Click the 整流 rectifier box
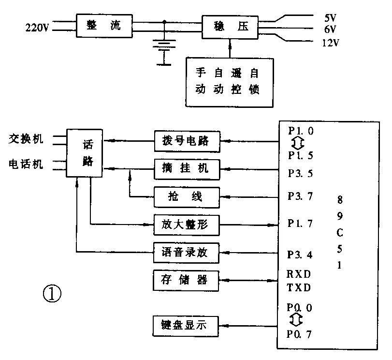coord(104,26)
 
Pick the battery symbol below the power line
coord(165,46)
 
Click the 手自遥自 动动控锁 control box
coord(230,81)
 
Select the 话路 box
coord(85,154)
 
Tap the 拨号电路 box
coord(187,142)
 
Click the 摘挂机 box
coord(187,169)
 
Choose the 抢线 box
coord(187,196)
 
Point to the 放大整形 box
coord(187,224)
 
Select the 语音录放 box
coord(187,252)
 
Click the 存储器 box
coord(187,279)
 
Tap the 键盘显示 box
coord(187,325)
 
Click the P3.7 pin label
coord(300,196)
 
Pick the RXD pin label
coord(298,274)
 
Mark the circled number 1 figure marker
coord(53,293)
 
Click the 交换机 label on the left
coord(26,139)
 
